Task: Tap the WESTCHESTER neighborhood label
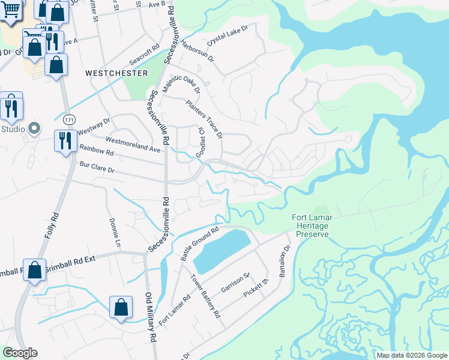click(x=116, y=73)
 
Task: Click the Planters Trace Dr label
click(x=204, y=118)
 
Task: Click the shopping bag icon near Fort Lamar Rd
click(x=121, y=307)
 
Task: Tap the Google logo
click(x=20, y=353)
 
